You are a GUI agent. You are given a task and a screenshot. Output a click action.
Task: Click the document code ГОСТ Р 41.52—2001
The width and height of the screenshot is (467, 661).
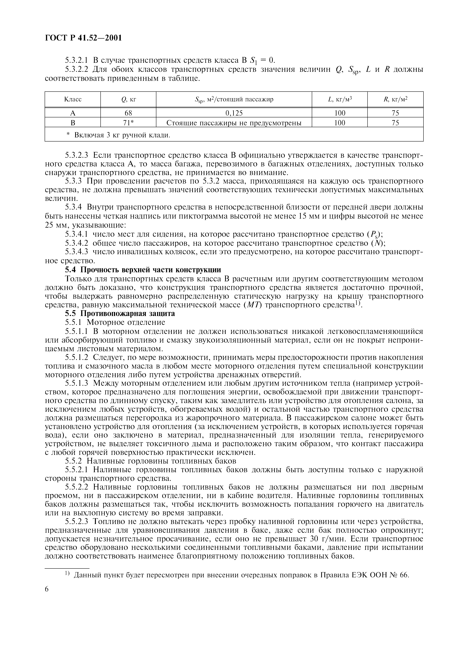point(83,38)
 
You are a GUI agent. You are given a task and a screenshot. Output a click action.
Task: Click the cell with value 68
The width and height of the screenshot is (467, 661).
point(128,113)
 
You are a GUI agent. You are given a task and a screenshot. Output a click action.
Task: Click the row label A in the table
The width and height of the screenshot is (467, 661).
point(73,113)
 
